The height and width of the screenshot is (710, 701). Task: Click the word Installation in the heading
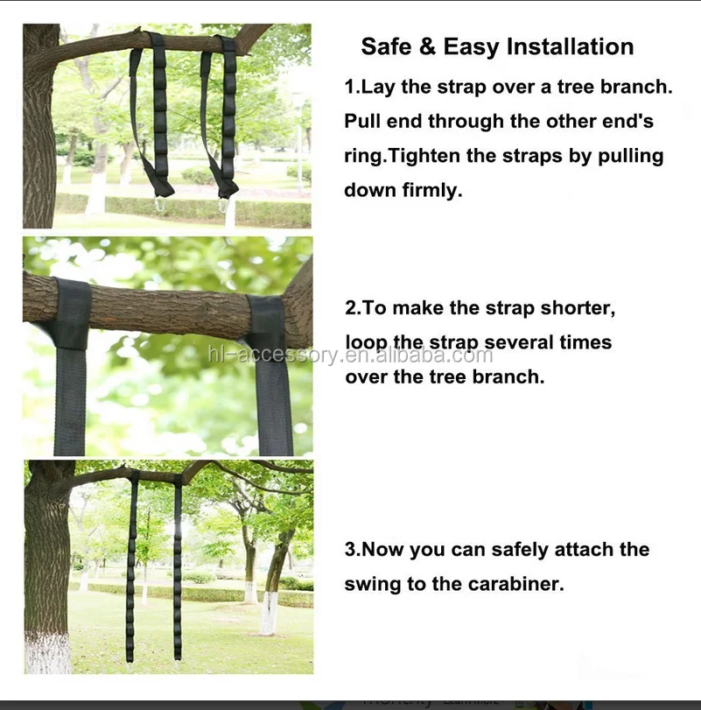(x=570, y=46)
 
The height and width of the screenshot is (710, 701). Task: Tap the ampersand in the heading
(x=427, y=46)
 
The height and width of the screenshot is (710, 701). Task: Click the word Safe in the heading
(x=385, y=46)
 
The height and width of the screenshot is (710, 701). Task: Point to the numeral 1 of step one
(x=349, y=87)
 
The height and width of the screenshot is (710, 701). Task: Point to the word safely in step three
(x=520, y=550)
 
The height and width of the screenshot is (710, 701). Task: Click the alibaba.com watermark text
(x=350, y=355)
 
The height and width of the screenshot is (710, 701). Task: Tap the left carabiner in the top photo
(x=160, y=203)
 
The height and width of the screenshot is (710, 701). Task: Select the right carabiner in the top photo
(x=223, y=205)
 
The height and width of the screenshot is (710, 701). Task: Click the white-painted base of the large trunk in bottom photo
(x=47, y=652)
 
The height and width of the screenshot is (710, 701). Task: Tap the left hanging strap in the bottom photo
(x=131, y=566)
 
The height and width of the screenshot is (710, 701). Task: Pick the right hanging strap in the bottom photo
(x=178, y=567)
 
